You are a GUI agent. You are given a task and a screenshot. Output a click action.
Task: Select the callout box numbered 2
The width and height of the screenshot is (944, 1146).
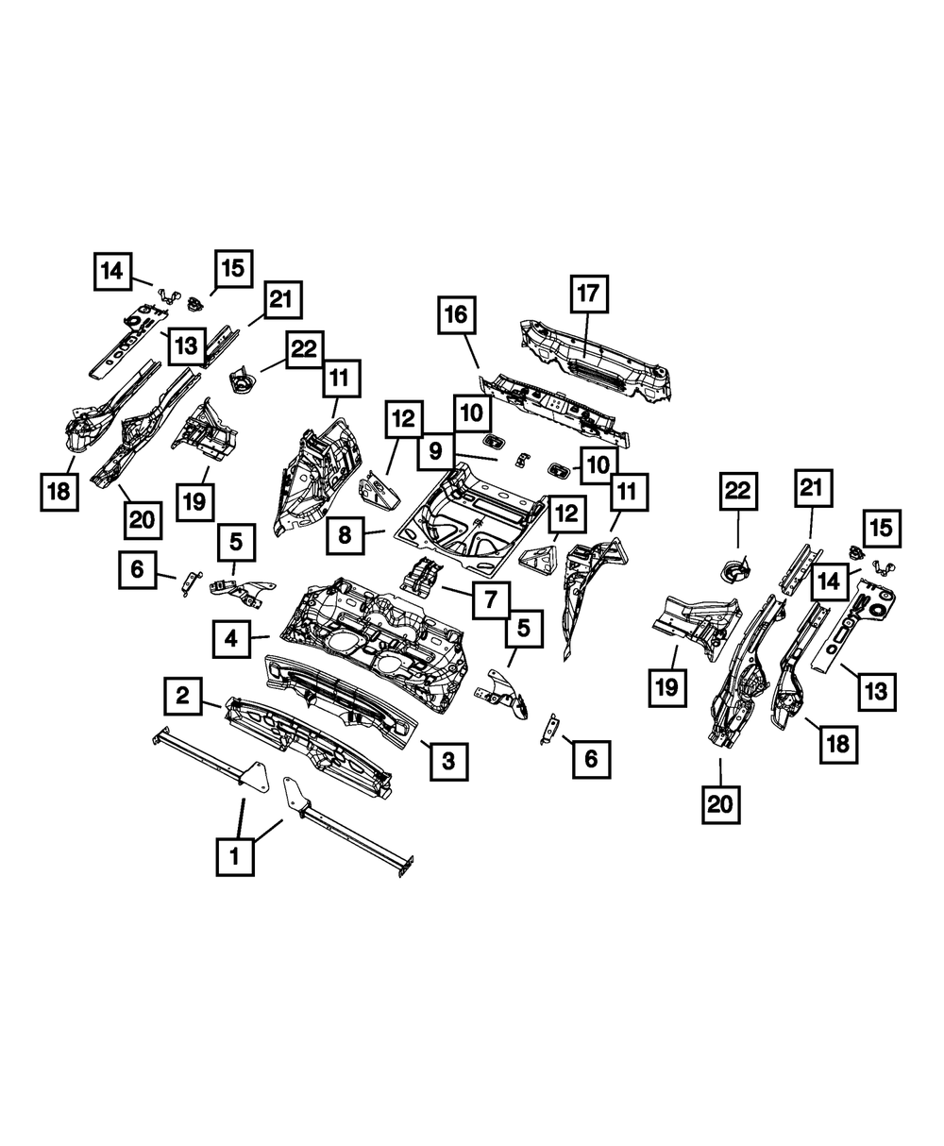click(x=183, y=697)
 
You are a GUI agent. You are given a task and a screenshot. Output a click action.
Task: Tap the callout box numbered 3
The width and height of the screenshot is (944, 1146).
click(x=448, y=760)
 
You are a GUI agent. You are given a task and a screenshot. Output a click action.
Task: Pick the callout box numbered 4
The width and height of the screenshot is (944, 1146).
click(x=230, y=639)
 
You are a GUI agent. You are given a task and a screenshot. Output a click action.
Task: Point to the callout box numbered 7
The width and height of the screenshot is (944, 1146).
click(x=491, y=598)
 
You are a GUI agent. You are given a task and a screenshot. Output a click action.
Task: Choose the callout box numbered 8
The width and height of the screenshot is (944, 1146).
click(x=346, y=535)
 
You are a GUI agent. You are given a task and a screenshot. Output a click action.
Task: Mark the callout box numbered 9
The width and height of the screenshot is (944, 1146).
click(x=434, y=450)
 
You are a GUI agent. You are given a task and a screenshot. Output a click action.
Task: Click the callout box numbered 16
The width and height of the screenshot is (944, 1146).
click(x=456, y=314)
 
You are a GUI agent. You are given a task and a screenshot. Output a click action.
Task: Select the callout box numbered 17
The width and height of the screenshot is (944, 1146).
click(x=587, y=295)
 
